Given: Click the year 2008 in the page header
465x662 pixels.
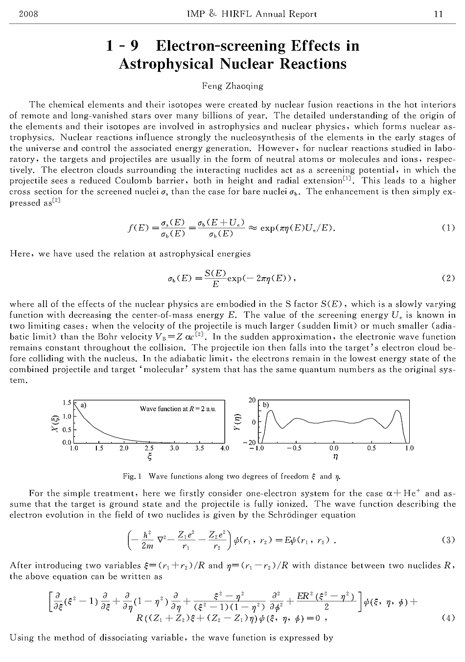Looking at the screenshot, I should [x=28, y=14].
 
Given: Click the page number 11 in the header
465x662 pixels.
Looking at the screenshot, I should [x=438, y=14].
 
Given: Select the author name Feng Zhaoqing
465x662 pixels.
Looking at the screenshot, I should [x=232, y=86].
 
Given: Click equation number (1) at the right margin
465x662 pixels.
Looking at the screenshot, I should [x=448, y=228].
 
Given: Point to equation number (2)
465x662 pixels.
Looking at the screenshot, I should [x=448, y=278].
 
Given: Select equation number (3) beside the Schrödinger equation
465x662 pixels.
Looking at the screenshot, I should [x=448, y=540].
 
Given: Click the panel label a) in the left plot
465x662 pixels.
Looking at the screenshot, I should [x=84, y=405].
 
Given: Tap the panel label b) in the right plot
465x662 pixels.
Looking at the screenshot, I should [x=266, y=405].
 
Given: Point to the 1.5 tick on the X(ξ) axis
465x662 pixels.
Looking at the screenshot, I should [x=67, y=403].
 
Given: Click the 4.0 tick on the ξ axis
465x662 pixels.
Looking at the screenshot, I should [x=224, y=448].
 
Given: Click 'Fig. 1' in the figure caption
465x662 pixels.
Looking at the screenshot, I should [x=132, y=476].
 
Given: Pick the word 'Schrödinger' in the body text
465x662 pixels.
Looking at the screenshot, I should [x=286, y=514].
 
